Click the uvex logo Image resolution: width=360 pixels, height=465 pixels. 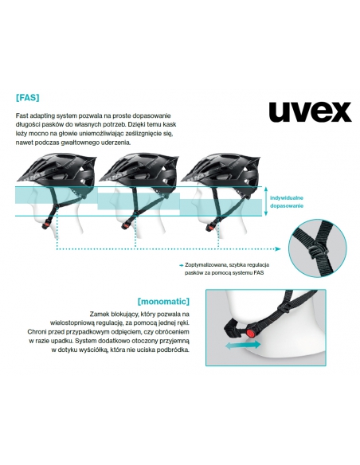click(x=310, y=111)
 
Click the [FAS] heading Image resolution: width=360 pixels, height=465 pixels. click(x=28, y=100)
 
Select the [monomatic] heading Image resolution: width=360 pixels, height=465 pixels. click(x=162, y=302)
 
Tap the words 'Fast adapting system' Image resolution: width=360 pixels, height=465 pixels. click(x=42, y=116)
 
